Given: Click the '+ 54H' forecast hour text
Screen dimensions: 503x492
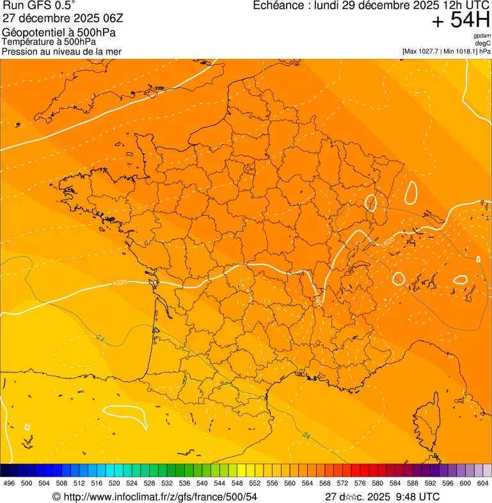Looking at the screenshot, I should pyautogui.click(x=461, y=20).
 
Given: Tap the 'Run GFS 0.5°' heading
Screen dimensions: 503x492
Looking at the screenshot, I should pyautogui.click(x=38, y=6).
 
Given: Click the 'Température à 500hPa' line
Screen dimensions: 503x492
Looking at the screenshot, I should pyautogui.click(x=49, y=42).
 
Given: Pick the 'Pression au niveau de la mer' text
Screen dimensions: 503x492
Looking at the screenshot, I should pyautogui.click(x=61, y=51).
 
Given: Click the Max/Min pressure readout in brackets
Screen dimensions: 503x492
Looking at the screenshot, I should pyautogui.click(x=446, y=51).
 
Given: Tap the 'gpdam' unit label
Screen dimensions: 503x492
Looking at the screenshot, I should pyautogui.click(x=482, y=36).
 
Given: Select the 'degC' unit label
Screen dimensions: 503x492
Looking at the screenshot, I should pyautogui.click(x=483, y=44).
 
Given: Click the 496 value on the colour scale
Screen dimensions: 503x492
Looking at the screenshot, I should pyautogui.click(x=9, y=484).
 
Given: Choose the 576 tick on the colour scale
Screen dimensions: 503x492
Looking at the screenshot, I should pyautogui.click(x=360, y=484).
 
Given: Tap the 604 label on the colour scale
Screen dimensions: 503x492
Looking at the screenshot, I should pyautogui.click(x=483, y=484).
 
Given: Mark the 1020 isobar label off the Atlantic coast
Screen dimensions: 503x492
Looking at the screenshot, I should pyautogui.click(x=119, y=282).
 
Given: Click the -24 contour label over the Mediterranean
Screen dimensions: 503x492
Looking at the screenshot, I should pyautogui.click(x=305, y=436).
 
